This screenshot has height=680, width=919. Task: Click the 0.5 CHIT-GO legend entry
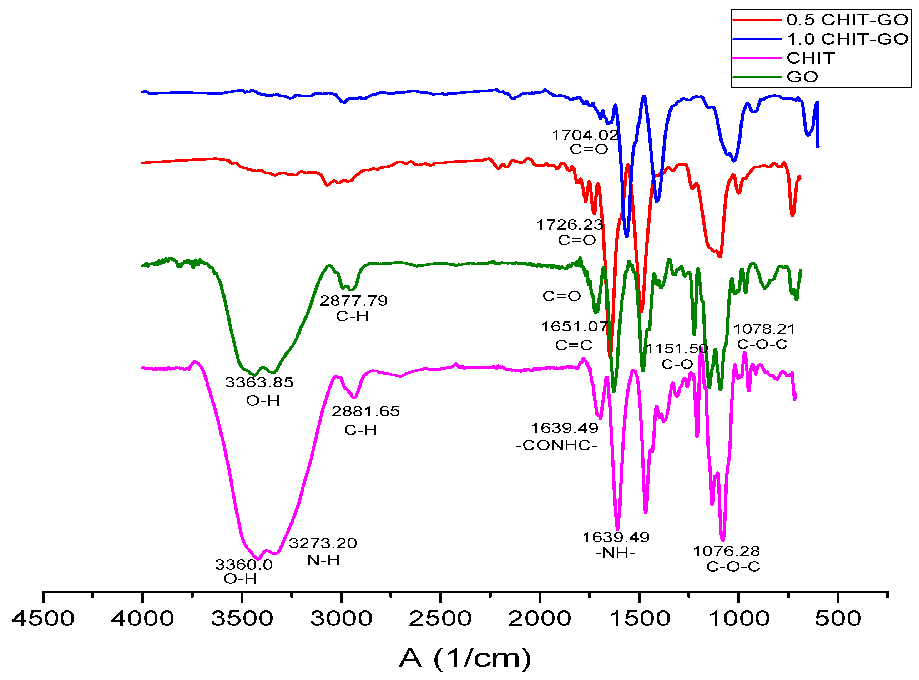coord(846,20)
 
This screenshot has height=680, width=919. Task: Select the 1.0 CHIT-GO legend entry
coord(846,39)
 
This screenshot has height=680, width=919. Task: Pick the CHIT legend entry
coord(810,58)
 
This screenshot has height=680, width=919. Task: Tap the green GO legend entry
coord(802,77)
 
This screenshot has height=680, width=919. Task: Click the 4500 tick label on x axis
coord(43,619)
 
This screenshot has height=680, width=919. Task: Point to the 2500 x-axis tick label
coord(440,619)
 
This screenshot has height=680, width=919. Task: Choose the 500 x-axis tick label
coord(838,619)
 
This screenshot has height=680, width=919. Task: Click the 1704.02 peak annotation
coord(585,135)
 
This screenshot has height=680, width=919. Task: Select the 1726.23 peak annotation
coord(570,225)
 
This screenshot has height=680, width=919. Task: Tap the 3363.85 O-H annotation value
coord(259,382)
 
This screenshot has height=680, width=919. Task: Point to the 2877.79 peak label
coord(353,301)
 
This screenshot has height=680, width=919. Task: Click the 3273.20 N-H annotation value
coord(323,543)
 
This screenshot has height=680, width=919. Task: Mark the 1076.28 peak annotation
coord(726,551)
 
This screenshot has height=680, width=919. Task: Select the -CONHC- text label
coord(556,445)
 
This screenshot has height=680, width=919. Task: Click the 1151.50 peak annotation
coord(676,349)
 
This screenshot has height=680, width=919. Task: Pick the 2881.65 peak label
coord(365,411)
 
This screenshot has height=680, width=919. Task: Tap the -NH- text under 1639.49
coord(615,553)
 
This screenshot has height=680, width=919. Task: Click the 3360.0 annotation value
coord(244,565)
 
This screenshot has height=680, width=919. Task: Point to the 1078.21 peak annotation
coord(764,329)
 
